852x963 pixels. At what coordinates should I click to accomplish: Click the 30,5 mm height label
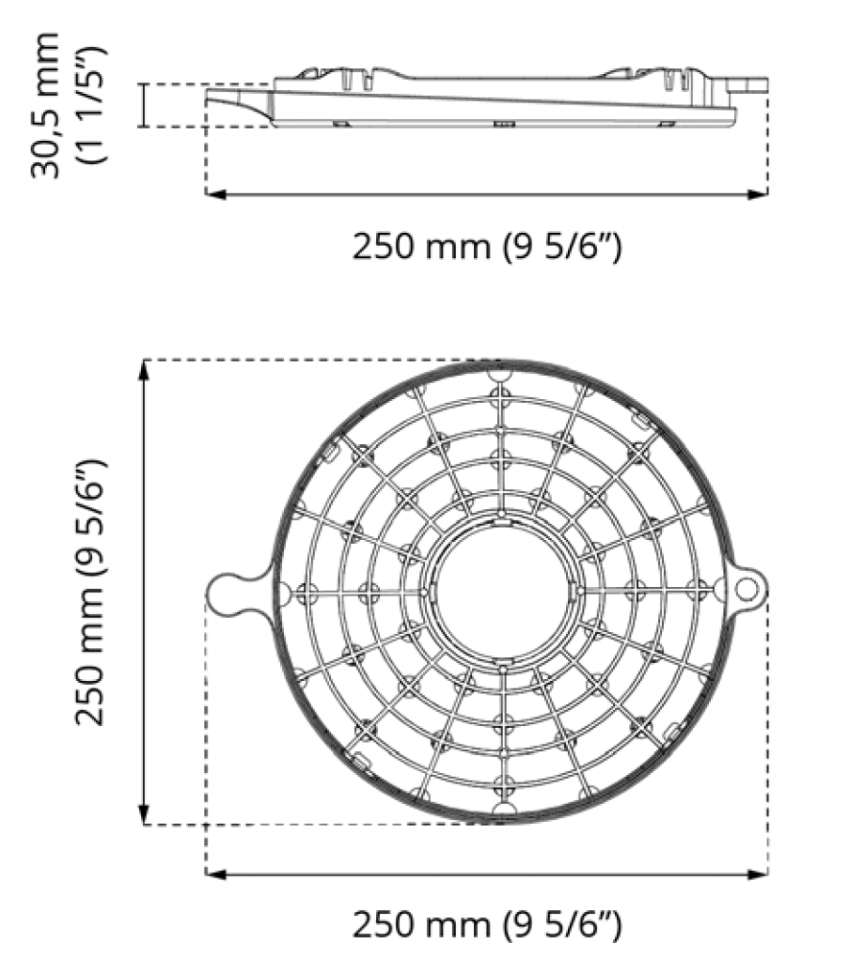45,105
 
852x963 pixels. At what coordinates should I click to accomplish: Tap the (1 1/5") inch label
94,105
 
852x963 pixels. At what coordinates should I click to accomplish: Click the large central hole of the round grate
502,592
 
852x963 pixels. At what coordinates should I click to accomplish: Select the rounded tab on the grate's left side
230,592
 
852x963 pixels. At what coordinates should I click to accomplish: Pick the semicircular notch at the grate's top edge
502,370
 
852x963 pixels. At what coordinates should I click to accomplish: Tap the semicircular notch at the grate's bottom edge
502,811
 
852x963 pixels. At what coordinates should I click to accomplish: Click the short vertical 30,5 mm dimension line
144,105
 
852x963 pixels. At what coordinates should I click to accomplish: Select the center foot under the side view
503,125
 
